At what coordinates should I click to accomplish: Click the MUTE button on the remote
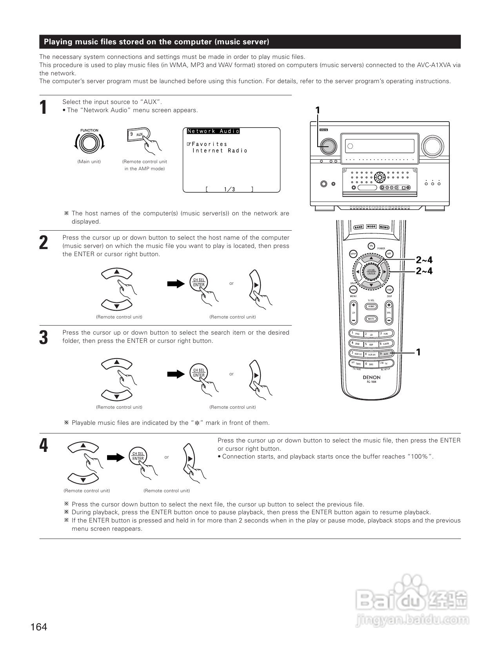tap(371, 319)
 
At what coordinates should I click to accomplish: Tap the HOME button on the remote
tap(371, 307)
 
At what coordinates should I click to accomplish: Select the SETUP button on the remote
tap(353, 254)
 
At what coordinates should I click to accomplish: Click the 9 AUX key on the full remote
tap(386, 353)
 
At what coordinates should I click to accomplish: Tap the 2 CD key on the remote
tap(371, 334)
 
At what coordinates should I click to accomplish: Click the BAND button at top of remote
tap(358, 227)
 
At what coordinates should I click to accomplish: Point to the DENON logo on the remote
tap(371, 377)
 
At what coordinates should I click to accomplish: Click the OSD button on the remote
tap(389, 290)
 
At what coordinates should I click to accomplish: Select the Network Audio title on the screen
tap(213, 131)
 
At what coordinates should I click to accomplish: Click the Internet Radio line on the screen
tap(220, 151)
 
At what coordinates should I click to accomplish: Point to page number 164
tap(38, 627)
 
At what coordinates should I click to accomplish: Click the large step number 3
tap(44, 338)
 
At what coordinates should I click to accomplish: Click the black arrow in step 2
tap(176, 284)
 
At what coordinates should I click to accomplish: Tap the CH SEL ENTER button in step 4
tap(138, 456)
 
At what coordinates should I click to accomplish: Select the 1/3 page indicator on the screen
tap(229, 189)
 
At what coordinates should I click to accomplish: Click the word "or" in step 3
tap(231, 374)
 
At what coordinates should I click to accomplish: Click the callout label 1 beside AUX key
tap(418, 352)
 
